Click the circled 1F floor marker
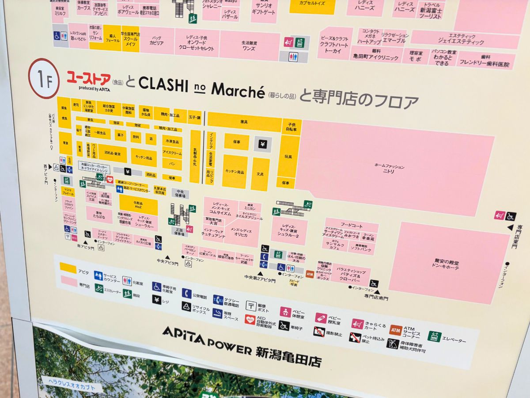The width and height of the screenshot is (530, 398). [x=44, y=78]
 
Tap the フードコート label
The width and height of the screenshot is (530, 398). [x=351, y=225]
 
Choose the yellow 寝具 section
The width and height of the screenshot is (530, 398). [x=244, y=121]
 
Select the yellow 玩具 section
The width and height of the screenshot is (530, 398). [x=289, y=156]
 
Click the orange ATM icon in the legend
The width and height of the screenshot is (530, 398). [x=396, y=330]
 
